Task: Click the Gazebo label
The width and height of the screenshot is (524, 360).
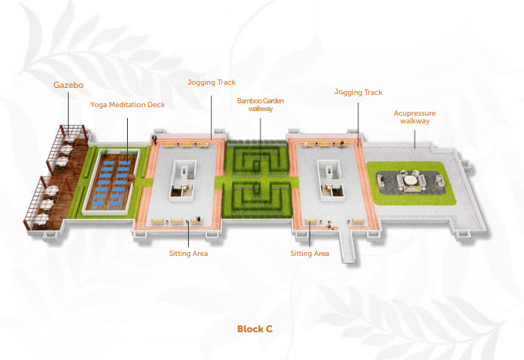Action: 69,86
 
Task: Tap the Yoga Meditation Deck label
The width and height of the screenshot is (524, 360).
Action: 127,105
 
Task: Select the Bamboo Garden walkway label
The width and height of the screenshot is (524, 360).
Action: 260,105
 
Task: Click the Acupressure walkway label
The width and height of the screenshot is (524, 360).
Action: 415,117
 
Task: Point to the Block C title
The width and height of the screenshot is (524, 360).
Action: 255,329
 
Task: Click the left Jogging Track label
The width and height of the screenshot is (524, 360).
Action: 211,82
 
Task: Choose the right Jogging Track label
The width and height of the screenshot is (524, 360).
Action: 358,93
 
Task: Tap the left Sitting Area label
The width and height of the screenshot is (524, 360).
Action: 189,254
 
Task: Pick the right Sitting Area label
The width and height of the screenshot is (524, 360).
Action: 310,254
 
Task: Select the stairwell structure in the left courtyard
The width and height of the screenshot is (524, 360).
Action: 183,180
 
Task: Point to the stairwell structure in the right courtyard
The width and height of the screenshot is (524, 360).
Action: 331,180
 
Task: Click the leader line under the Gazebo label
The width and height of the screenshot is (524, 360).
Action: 68,114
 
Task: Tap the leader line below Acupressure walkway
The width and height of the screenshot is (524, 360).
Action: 415,139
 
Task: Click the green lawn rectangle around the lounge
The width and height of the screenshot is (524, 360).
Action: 411,183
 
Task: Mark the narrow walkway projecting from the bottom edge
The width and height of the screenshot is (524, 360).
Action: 347,244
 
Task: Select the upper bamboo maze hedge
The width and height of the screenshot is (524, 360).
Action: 257,159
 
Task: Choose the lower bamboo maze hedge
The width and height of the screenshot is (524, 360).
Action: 257,197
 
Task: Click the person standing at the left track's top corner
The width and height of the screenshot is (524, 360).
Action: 154,140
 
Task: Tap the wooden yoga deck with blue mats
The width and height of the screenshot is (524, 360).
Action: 111,181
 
